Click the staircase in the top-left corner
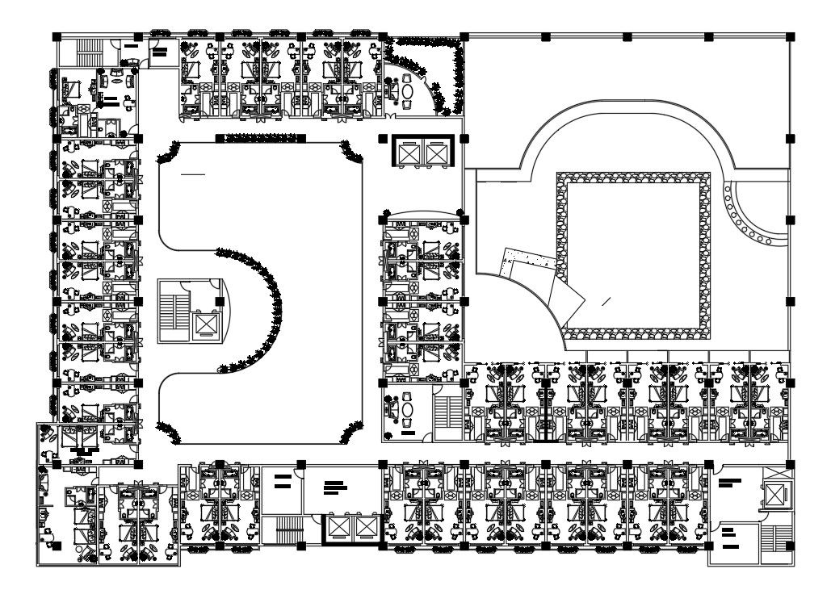click(85, 53)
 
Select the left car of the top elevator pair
click(410, 151)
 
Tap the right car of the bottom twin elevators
click(366, 528)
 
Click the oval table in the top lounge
click(407, 92)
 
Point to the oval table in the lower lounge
click(407, 409)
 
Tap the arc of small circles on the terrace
click(747, 214)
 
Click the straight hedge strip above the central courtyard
click(260, 138)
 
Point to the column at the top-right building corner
click(790, 37)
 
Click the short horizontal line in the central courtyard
click(193, 174)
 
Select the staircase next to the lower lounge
click(445, 412)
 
